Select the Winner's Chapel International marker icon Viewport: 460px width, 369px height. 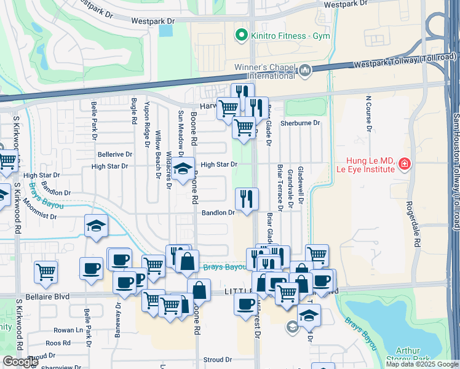pyautogui.click(x=305, y=72)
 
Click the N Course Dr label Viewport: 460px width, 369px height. pyautogui.click(x=368, y=114)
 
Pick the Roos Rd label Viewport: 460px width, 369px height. pyautogui.click(x=58, y=343)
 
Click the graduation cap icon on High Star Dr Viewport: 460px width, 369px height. pyautogui.click(x=182, y=169)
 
